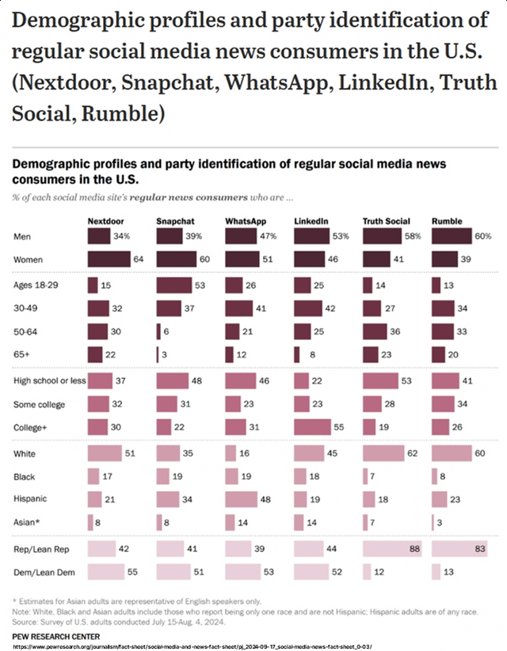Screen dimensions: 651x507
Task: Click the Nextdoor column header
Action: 104,220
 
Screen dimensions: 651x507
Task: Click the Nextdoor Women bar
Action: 109,258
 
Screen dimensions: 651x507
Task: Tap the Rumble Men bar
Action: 452,236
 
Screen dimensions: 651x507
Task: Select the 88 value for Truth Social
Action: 413,549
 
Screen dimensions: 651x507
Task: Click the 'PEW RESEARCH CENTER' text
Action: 55,636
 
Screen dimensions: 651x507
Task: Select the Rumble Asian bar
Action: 433,523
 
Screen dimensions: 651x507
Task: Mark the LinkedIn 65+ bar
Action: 297,354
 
